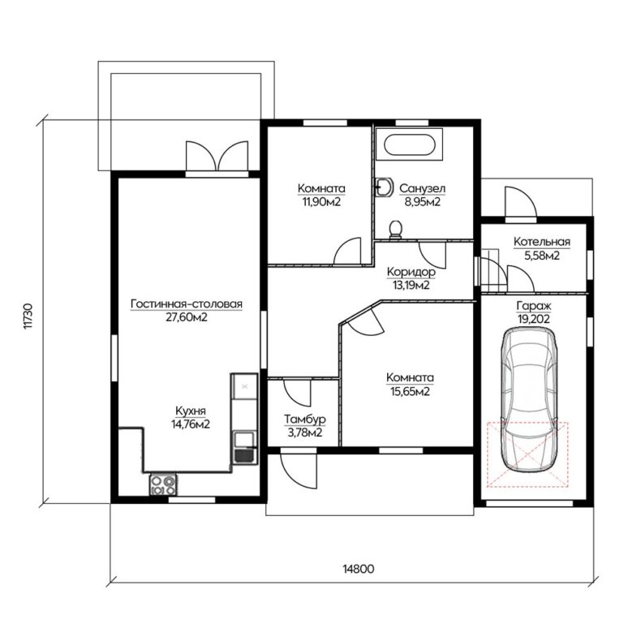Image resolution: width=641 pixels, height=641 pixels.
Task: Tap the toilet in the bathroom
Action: coord(396,230)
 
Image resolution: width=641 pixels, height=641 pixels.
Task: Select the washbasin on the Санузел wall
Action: coord(384,187)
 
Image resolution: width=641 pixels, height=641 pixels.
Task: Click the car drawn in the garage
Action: coord(529,401)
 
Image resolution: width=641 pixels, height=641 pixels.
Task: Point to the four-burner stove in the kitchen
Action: coord(163,484)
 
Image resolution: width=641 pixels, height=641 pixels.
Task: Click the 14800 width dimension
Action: coord(358,569)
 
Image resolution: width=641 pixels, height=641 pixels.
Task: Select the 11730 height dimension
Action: coord(28,316)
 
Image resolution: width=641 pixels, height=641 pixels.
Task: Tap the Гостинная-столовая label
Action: coord(187,304)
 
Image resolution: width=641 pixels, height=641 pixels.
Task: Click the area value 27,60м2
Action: coord(187,317)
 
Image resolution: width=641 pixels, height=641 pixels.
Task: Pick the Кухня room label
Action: coord(191,411)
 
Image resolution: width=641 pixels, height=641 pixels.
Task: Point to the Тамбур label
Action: coord(305,419)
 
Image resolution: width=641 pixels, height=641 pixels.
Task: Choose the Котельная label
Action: coord(542,242)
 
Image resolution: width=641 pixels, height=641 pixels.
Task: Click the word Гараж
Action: coord(534,306)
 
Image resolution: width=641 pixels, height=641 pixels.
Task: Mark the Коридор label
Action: coord(411,272)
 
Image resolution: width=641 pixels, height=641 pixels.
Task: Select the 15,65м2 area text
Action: coord(410,392)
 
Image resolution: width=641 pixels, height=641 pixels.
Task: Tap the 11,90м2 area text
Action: coord(321,202)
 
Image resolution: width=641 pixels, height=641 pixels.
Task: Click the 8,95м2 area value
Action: coord(422,202)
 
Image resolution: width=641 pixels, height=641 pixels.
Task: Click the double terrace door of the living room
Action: coord(217,156)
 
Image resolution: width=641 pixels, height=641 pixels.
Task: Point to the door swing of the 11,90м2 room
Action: coord(347,251)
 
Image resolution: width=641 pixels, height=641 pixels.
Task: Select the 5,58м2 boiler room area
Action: coord(542,256)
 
